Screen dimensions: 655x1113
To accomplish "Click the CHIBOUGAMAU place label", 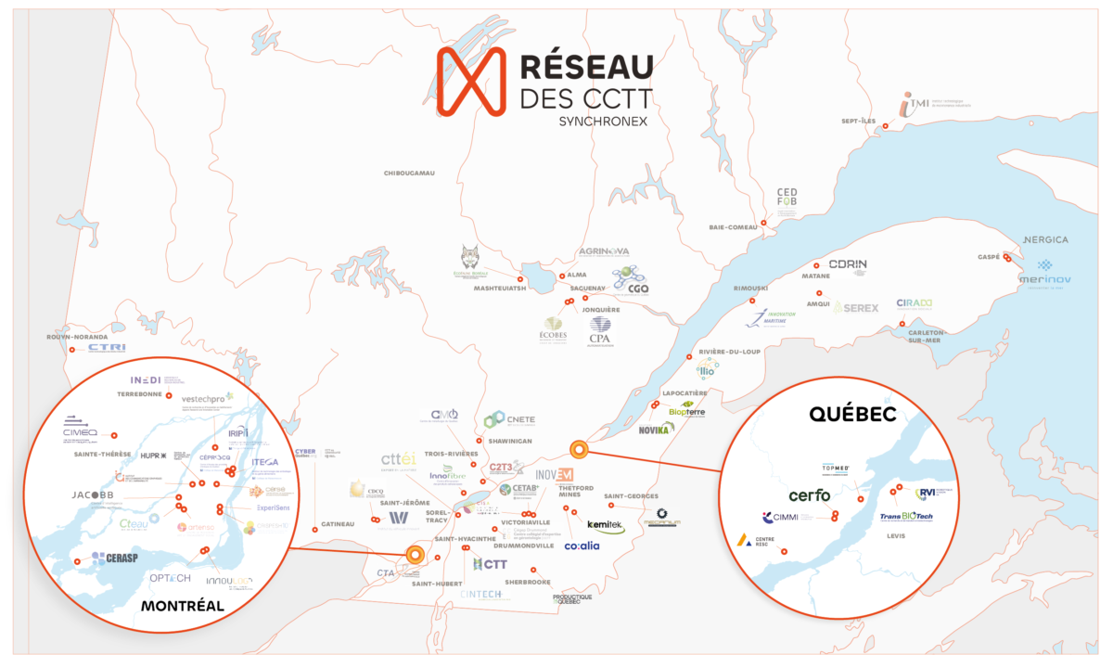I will (x=410, y=173).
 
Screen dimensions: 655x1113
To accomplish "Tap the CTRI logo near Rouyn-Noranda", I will (x=107, y=348).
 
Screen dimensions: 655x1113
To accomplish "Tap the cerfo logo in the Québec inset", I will (x=809, y=494).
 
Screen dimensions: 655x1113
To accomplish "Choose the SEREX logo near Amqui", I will (x=854, y=307).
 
